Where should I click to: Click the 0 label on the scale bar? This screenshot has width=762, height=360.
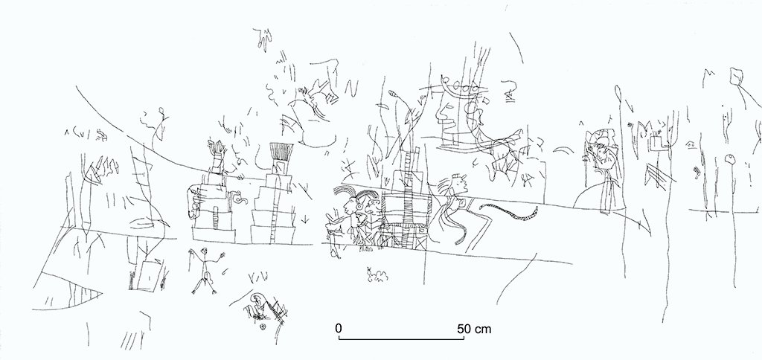point(339,329)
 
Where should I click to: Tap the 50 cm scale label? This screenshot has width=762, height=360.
point(474,329)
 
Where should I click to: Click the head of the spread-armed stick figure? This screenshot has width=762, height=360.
point(204,251)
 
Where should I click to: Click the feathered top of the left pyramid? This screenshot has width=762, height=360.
point(217,148)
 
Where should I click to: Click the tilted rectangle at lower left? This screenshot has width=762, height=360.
point(148,275)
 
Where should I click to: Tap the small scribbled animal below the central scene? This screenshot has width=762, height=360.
point(377,275)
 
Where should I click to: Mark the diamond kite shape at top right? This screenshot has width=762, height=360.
point(737,77)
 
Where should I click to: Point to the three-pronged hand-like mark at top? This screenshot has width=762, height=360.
point(264,39)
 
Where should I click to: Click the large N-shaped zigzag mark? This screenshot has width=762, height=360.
point(351,89)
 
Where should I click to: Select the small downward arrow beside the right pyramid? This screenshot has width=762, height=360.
point(304,219)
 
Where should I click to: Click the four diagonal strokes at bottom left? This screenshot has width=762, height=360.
point(130,340)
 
